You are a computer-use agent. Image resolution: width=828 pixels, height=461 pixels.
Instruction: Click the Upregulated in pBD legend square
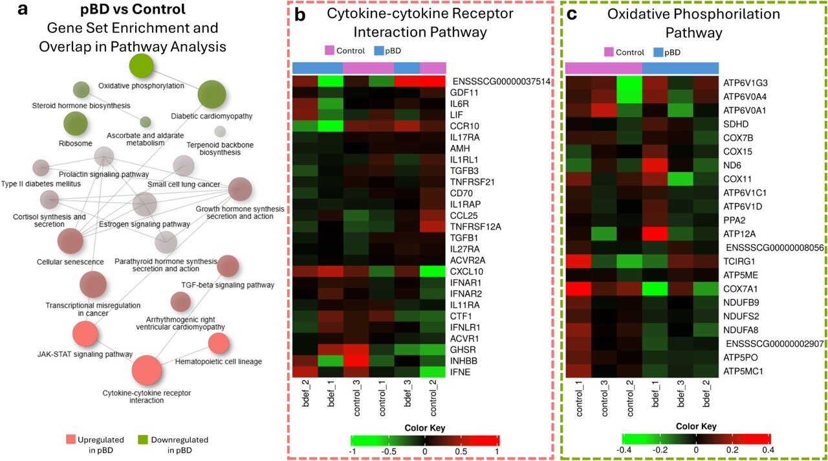click(71, 440)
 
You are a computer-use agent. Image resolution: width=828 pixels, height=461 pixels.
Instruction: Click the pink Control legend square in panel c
click(609, 52)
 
